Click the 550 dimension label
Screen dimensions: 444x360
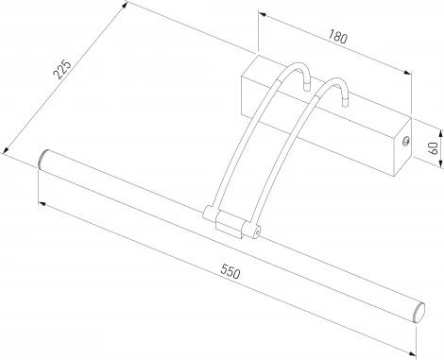[231, 272]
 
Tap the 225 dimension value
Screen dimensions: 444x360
[62, 69]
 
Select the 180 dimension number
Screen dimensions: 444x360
[338, 36]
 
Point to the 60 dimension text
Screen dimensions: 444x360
[434, 147]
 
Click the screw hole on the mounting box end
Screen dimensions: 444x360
[406, 141]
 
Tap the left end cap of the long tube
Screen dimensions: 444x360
[43, 160]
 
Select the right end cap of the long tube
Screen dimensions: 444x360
[418, 312]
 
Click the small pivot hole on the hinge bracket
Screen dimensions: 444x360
[257, 232]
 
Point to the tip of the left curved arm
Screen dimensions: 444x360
[307, 87]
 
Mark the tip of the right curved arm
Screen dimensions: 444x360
[345, 103]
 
